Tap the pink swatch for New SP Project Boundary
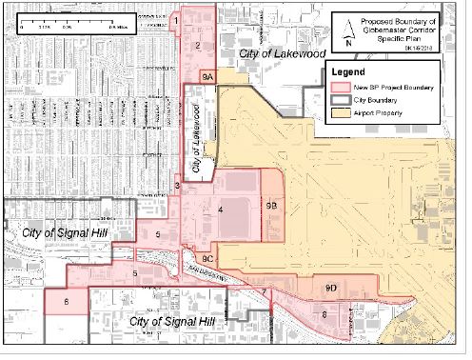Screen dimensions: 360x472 345,88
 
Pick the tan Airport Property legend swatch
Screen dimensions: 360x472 345,114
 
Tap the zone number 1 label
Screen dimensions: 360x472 177,19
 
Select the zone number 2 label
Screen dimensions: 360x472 197,45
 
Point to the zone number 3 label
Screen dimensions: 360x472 178,185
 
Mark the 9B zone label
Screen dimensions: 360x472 271,205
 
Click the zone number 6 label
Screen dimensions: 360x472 67,302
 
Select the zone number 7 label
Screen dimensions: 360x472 263,291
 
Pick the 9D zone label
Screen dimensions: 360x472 331,286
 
